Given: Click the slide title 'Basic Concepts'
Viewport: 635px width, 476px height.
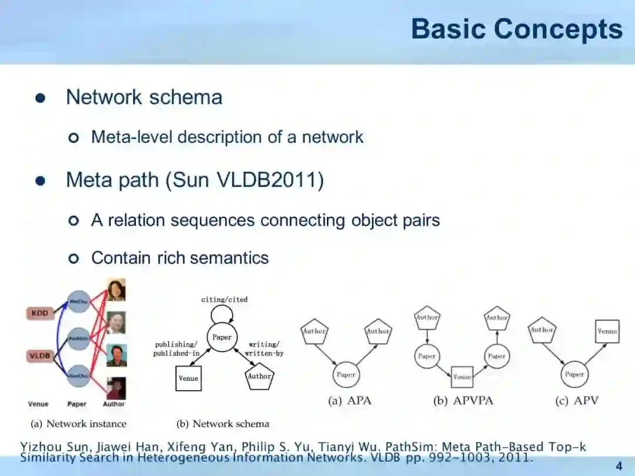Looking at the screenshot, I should [x=516, y=29].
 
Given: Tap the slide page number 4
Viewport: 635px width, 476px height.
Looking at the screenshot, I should [x=619, y=467].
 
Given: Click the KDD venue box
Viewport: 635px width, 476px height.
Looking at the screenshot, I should [x=39, y=314].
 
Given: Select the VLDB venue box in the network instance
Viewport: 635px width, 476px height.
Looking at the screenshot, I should [x=40, y=356].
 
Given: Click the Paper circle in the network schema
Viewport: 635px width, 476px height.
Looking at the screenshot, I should [x=222, y=337].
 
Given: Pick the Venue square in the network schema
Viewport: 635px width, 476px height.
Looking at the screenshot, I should [x=188, y=378].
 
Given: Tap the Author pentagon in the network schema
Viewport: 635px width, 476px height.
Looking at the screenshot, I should [x=259, y=377].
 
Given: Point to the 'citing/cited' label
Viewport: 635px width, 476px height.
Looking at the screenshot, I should [x=224, y=300].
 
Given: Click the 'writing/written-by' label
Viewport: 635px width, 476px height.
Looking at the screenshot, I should [x=264, y=349].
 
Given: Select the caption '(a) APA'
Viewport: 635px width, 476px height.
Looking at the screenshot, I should [x=349, y=401].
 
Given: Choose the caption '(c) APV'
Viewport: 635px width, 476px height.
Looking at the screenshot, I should [x=576, y=401].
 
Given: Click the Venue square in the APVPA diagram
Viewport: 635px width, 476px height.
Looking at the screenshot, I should [x=462, y=377].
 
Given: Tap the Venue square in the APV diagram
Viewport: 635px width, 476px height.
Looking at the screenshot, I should [x=607, y=331].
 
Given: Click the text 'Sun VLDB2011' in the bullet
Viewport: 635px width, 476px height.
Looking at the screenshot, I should [x=245, y=180].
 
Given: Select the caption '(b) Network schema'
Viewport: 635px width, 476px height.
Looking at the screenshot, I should [x=223, y=423].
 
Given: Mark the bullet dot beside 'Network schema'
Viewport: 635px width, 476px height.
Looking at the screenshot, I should [x=40, y=98].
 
